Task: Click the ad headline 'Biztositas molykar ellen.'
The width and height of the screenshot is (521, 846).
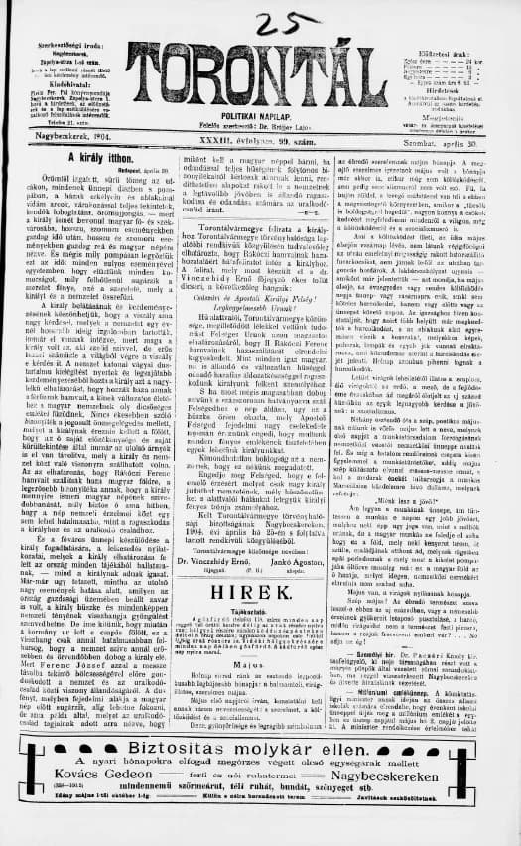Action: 259,754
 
